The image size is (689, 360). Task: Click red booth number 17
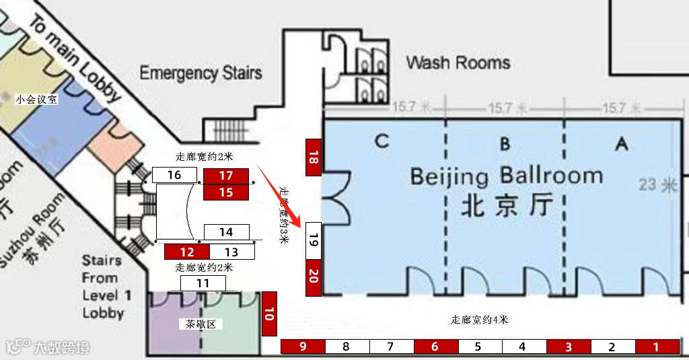225,176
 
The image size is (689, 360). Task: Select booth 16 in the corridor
174,175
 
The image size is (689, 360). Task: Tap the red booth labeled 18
312,157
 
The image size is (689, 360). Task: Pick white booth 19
313,239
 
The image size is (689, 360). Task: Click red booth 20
313,277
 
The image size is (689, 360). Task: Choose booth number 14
226,232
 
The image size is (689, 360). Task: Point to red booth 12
187,252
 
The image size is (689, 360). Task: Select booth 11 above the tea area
203,283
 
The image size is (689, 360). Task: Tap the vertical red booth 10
269,314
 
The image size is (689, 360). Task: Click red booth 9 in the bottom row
303,347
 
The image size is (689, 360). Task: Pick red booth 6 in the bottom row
435,347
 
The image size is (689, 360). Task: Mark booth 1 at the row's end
657,347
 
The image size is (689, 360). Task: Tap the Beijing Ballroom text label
506,176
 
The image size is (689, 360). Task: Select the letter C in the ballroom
382,141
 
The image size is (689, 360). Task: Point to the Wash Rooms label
458,63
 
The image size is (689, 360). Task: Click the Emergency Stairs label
201,72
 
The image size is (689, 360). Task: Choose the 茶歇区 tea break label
201,324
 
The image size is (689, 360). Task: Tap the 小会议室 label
37,100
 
